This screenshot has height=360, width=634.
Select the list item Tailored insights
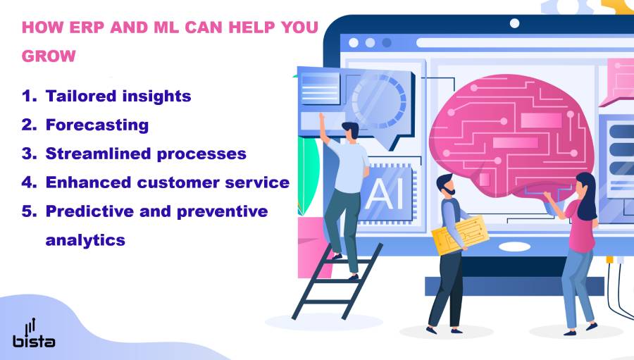118,96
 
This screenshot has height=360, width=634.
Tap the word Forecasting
97,125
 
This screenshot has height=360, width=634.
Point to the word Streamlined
97,154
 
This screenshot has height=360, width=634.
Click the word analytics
85,240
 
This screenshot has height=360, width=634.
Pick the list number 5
27,211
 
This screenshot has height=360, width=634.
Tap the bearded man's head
445,185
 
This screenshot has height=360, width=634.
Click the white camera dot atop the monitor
514,23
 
